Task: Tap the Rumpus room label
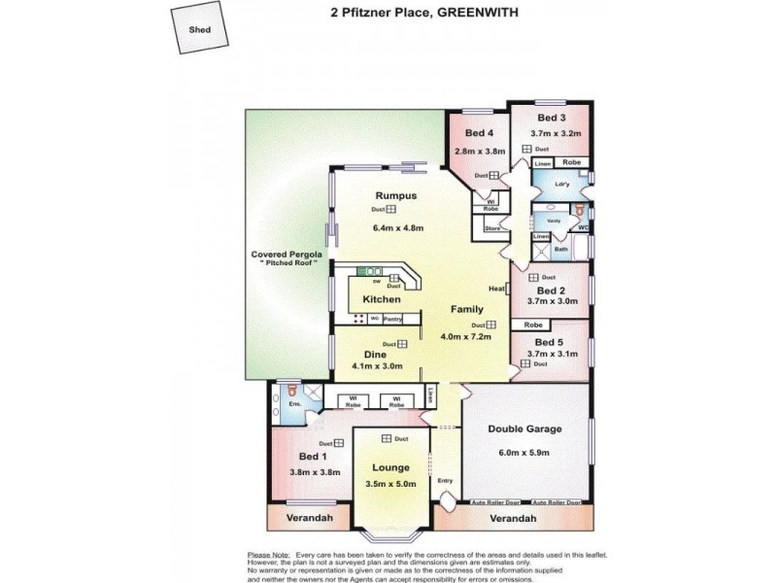[396, 195]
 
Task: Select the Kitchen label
[382, 299]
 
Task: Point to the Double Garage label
[525, 428]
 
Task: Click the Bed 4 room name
[480, 133]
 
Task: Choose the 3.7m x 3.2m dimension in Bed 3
[555, 133]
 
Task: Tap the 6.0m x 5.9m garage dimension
[525, 452]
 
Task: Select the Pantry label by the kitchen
[392, 319]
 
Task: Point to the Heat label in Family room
[496, 289]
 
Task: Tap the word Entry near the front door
[445, 480]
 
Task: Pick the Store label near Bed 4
[491, 228]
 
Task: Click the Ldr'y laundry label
[561, 184]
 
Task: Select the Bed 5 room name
[549, 342]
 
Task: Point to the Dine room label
[374, 354]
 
